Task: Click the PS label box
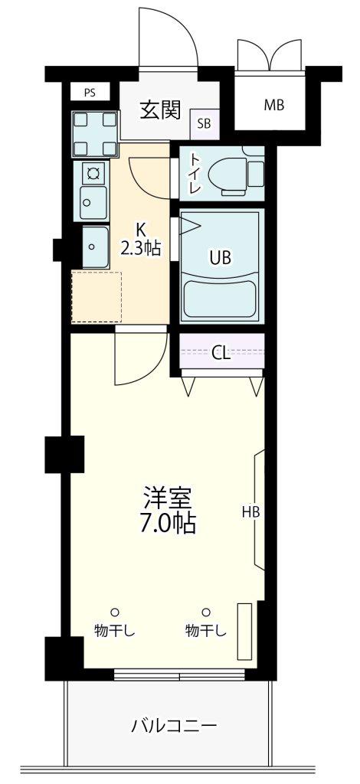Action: point(90,93)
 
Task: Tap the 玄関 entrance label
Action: point(160,110)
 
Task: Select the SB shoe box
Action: point(204,124)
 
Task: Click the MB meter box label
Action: point(274,106)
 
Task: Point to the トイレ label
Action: point(195,172)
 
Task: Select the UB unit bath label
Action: point(221,258)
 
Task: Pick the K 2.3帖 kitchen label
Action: point(141,239)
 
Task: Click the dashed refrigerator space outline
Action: point(97,297)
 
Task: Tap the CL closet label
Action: point(221,354)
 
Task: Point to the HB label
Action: point(251,511)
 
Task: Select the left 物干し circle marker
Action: point(114,612)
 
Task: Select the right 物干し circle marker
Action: point(205,612)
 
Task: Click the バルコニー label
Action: point(175,724)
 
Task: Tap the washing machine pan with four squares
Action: point(95,134)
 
